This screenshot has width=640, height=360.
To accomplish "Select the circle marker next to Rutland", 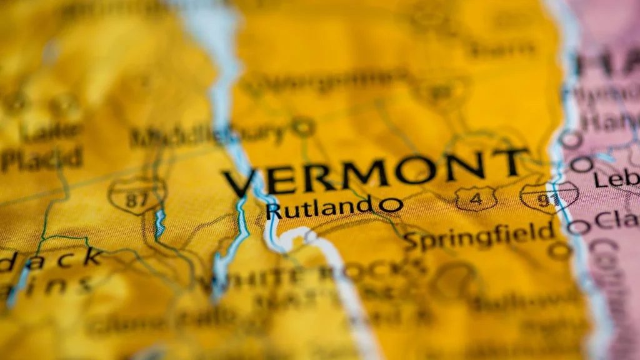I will [x=391, y=205].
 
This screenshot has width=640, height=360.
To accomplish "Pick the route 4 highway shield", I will [x=476, y=199].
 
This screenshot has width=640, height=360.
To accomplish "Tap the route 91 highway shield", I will [x=549, y=197].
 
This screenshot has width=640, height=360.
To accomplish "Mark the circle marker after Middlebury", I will [x=303, y=127].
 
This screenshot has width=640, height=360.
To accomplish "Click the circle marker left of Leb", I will [x=581, y=165].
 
